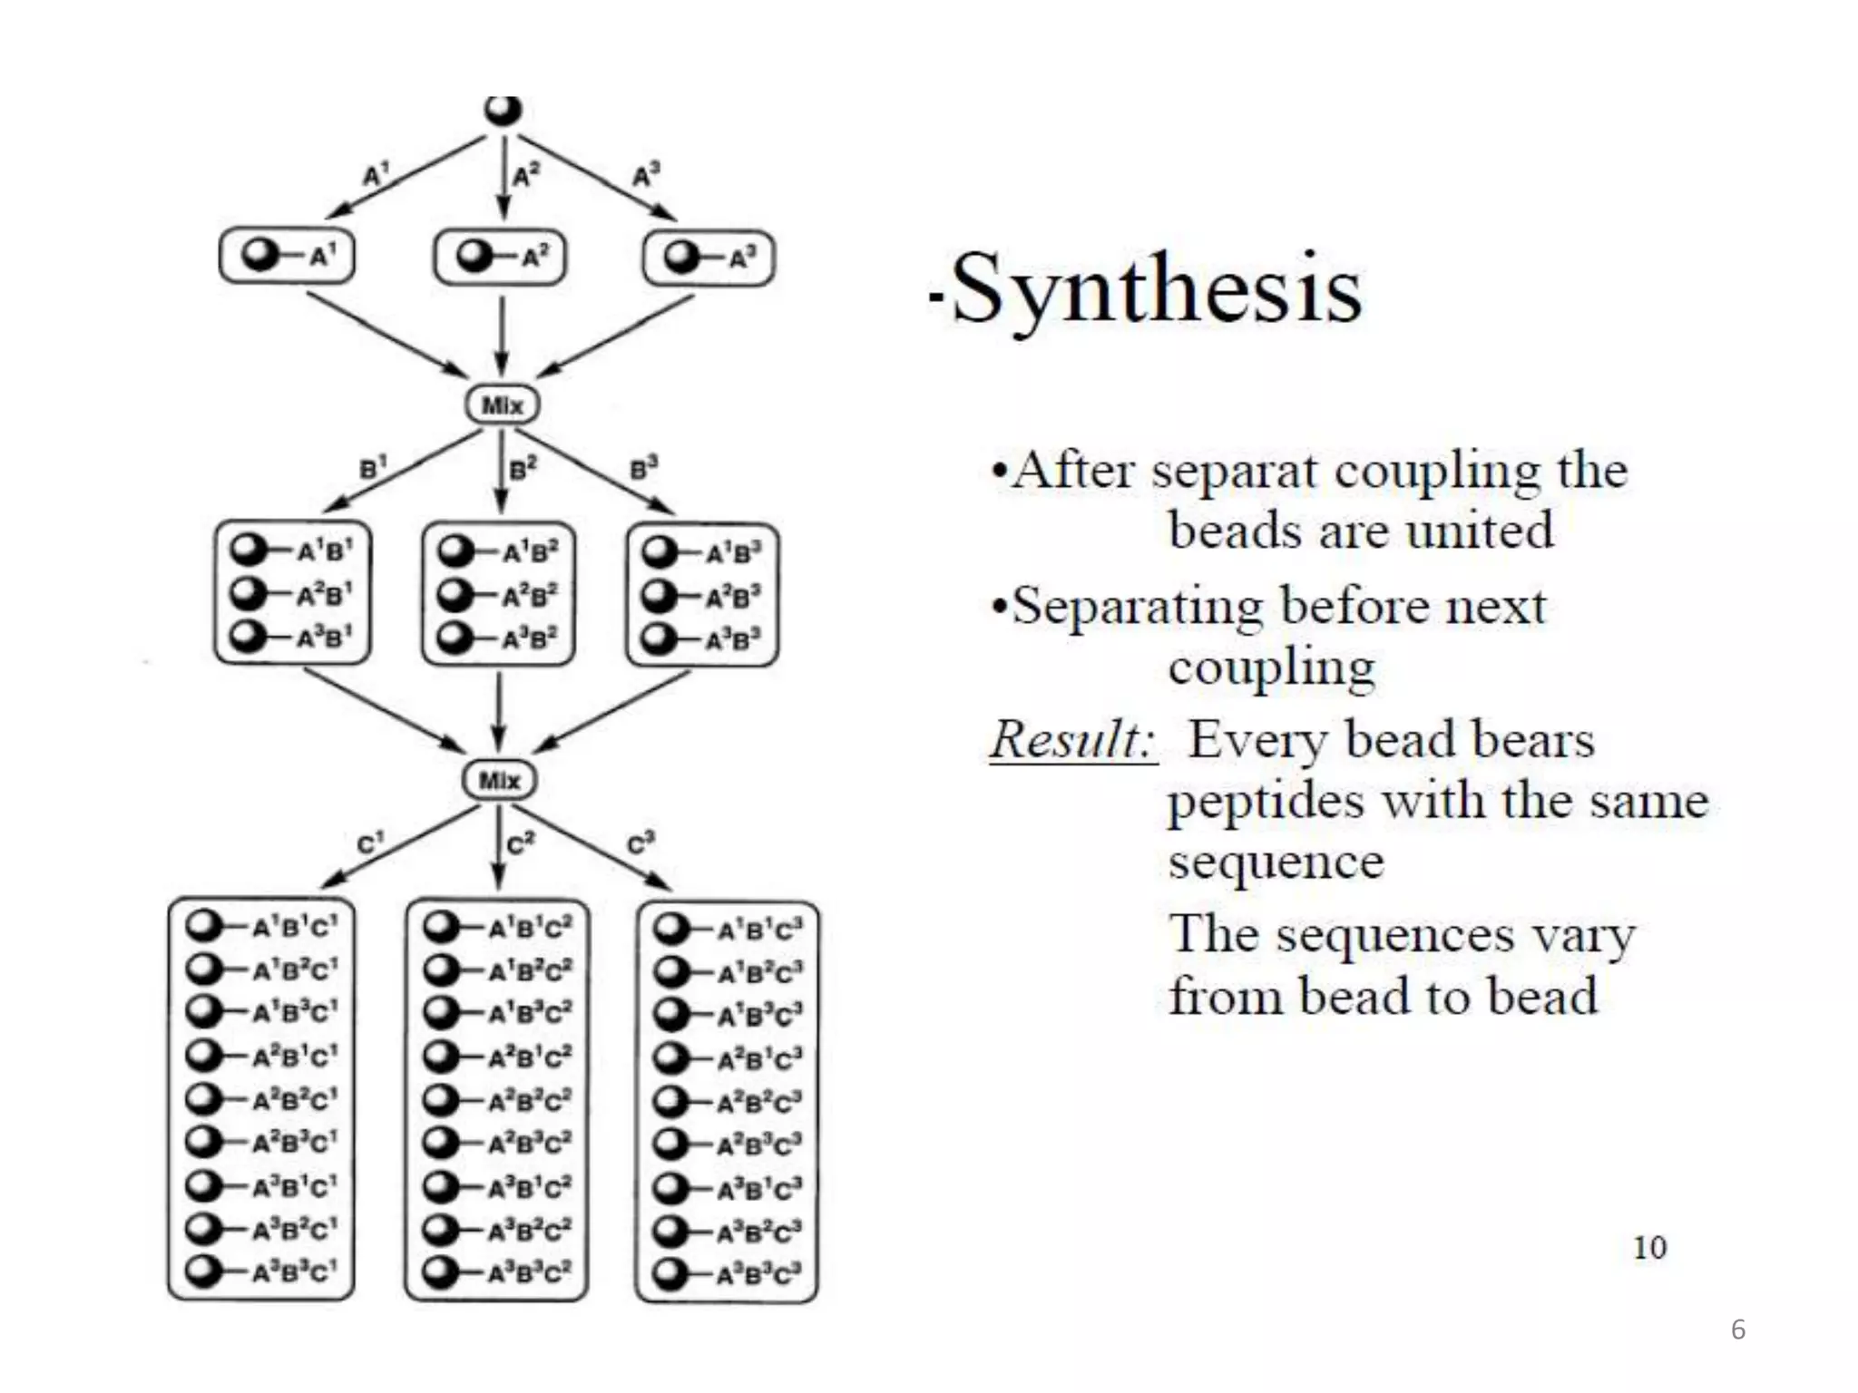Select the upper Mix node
pos(503,404)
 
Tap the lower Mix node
pos(499,780)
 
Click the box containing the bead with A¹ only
pos(287,257)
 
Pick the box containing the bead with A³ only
pos(709,258)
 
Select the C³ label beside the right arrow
pos(641,843)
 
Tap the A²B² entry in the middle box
pos(531,595)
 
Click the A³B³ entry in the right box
pos(733,640)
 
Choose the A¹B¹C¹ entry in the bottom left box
pos(294,927)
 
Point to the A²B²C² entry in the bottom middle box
pos(530,1100)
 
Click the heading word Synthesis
pos(1156,288)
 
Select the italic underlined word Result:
pos(1072,739)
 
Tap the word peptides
pos(1266,802)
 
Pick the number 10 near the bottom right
pos(1649,1248)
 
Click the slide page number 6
pos(1737,1330)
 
